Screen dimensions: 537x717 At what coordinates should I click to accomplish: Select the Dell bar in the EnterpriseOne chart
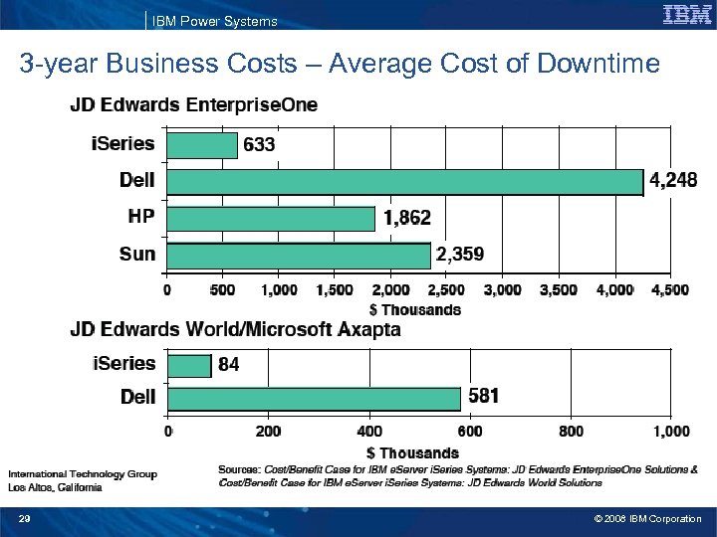click(405, 182)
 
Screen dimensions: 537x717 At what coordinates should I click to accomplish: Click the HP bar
click(271, 218)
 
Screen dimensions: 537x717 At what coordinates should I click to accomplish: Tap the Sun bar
click(299, 255)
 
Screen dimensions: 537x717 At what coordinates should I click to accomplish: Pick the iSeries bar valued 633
click(202, 145)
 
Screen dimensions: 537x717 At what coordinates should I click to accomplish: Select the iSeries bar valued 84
click(189, 365)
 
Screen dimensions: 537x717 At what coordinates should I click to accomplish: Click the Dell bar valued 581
click(314, 398)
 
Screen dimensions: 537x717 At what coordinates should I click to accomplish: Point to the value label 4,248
click(674, 181)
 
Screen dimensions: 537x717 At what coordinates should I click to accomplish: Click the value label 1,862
click(406, 218)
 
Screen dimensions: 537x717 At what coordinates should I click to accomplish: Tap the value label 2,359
click(460, 255)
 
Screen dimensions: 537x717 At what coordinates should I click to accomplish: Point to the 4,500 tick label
click(668, 289)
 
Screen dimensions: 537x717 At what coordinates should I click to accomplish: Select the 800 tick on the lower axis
click(572, 432)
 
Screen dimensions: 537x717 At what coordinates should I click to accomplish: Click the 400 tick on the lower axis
click(368, 432)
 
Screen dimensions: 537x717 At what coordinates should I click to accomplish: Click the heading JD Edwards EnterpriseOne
click(194, 106)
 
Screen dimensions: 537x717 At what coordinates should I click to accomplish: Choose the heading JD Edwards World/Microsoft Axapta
click(235, 330)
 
